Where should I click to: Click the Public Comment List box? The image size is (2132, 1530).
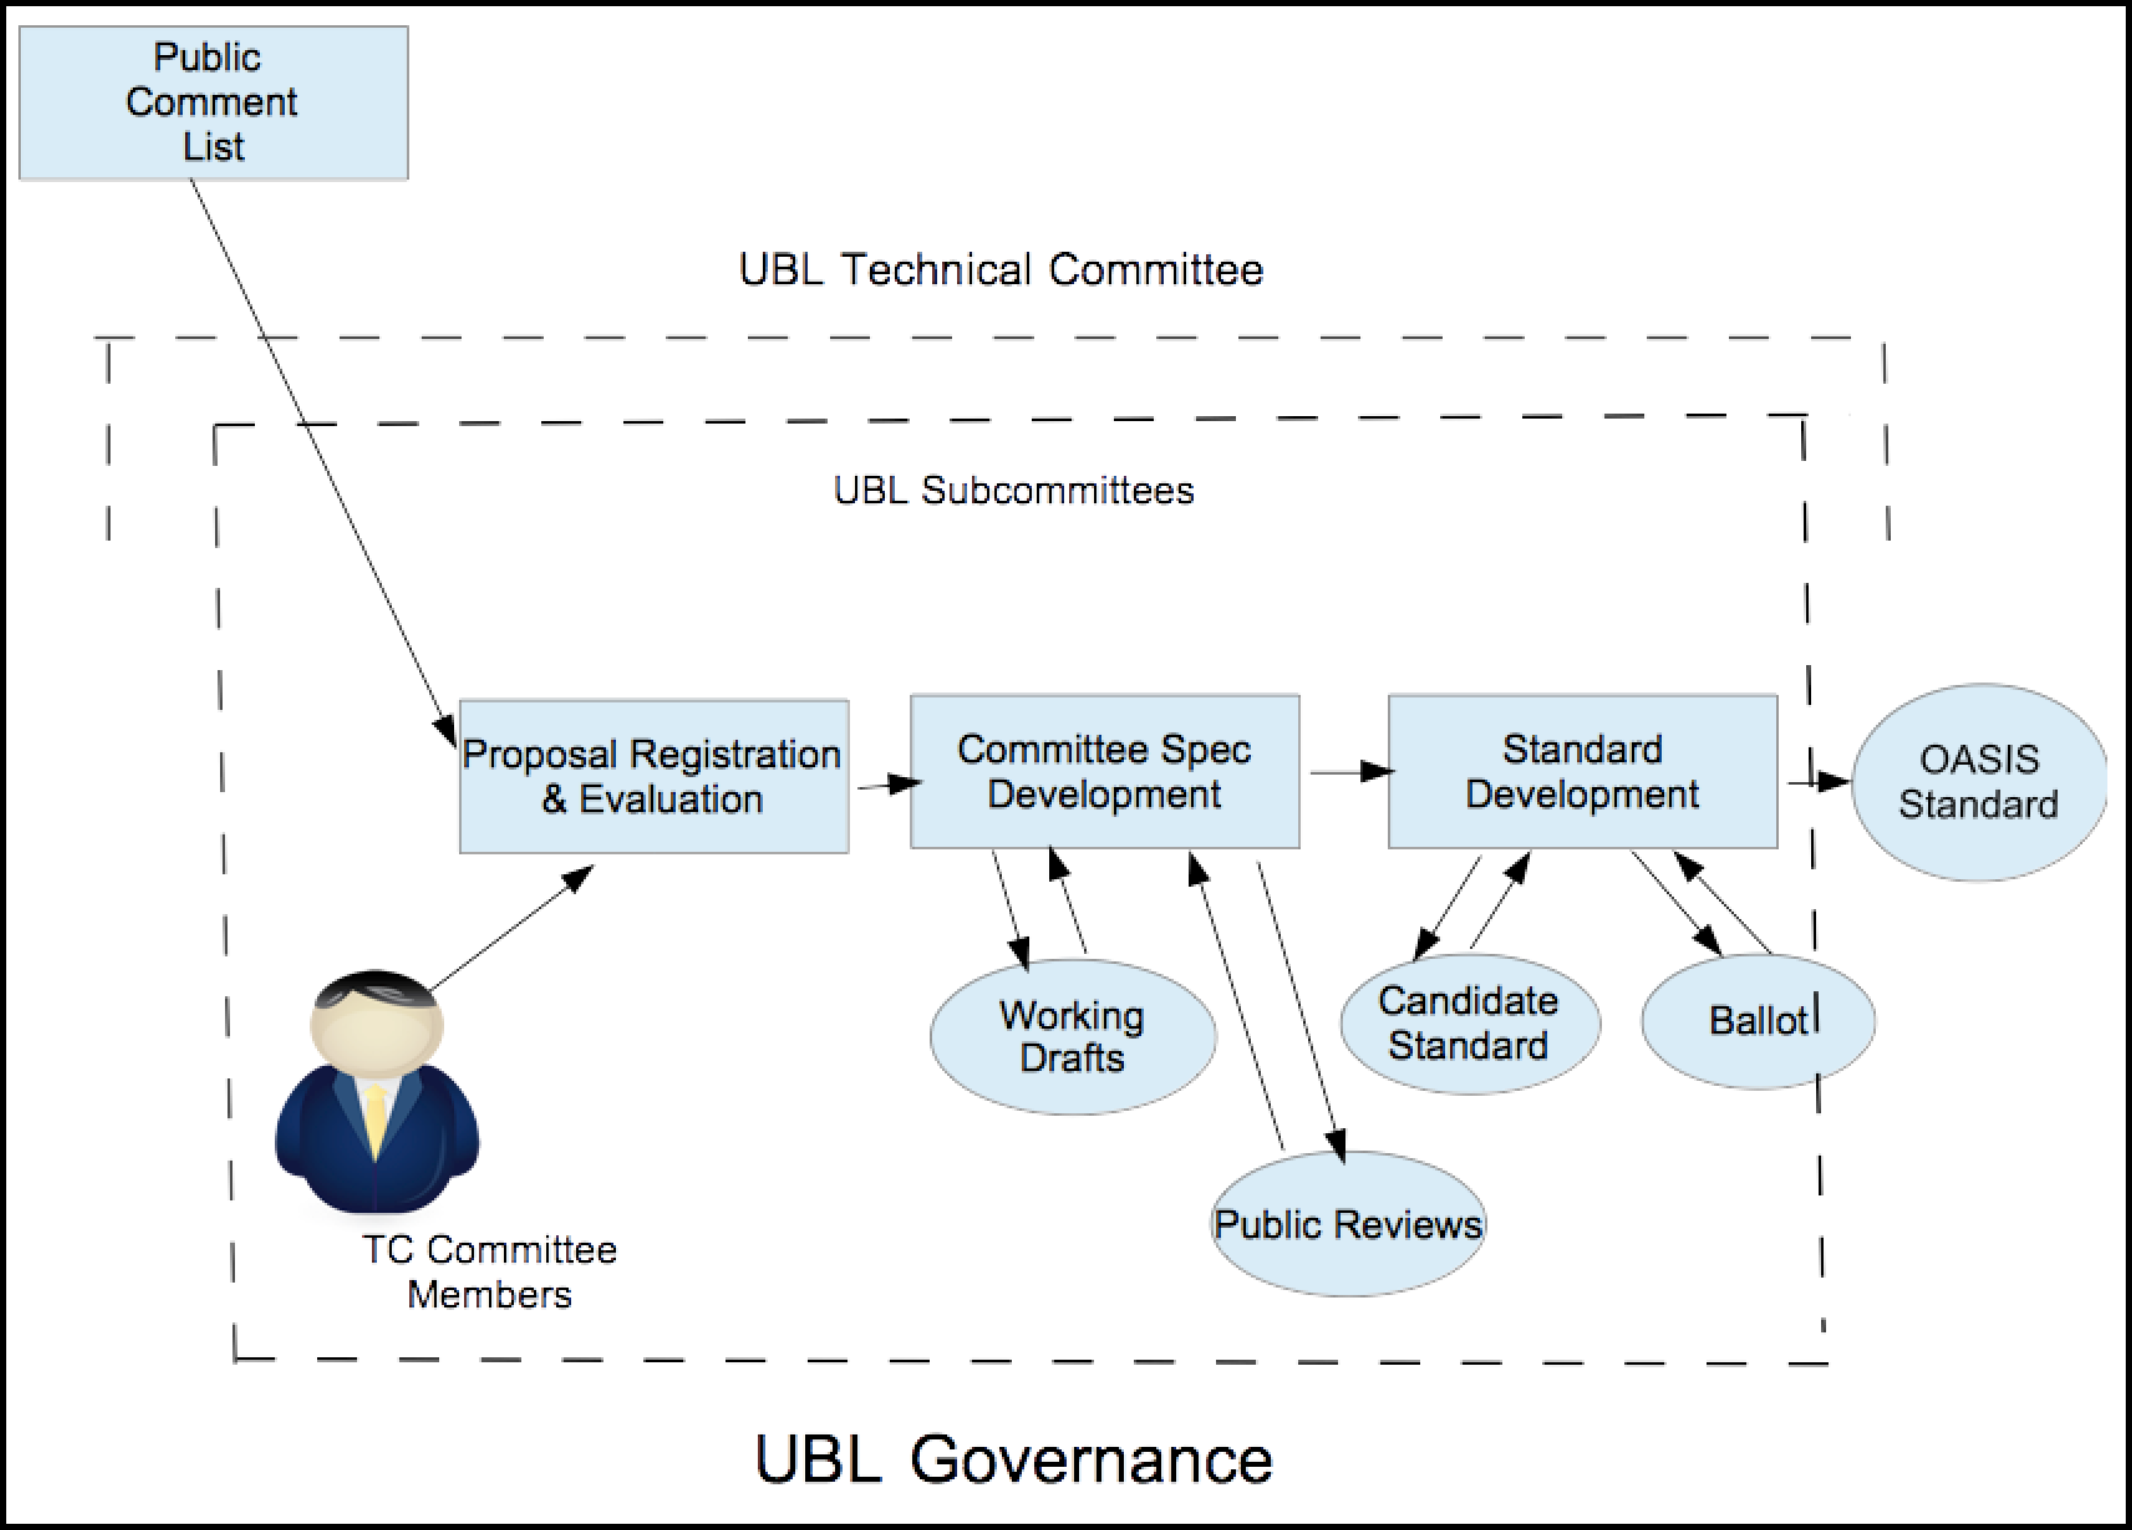[x=214, y=103]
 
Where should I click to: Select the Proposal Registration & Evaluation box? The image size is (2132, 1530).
[x=654, y=776]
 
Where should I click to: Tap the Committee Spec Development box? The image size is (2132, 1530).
[x=1104, y=772]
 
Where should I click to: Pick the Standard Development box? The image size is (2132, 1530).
[x=1582, y=772]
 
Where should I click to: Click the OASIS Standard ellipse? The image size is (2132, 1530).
[x=1979, y=782]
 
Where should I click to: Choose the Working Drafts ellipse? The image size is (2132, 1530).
[x=1073, y=1036]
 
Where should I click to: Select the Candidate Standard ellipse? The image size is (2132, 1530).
[x=1469, y=1023]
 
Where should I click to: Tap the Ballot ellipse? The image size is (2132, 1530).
[x=1757, y=1021]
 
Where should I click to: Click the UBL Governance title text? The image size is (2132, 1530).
[x=1013, y=1460]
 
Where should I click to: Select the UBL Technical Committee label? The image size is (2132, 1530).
[x=1000, y=270]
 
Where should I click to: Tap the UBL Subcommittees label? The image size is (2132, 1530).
[x=1013, y=490]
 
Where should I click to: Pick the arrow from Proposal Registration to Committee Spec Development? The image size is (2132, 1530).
[x=888, y=783]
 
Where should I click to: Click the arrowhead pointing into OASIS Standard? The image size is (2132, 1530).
[x=1833, y=781]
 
